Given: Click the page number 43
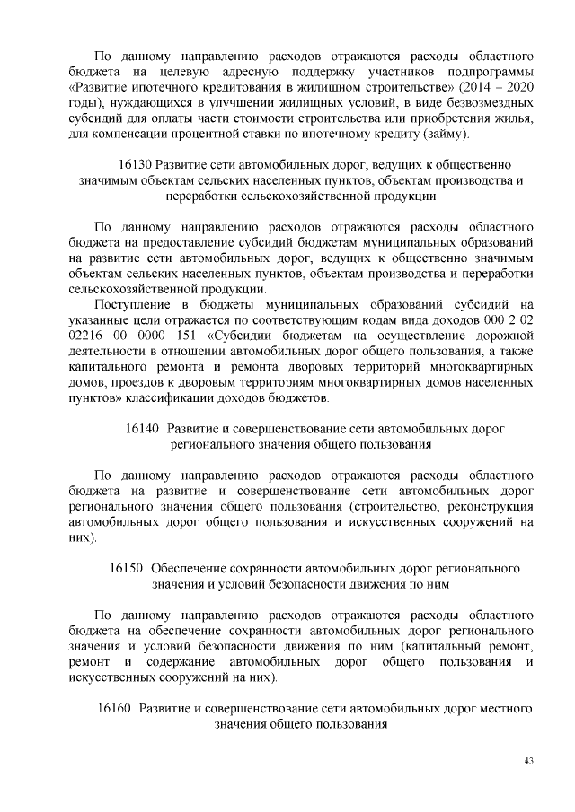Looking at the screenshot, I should click(529, 761).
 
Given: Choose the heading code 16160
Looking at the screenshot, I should click(114, 708).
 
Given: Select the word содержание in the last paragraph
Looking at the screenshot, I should click(177, 662).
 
